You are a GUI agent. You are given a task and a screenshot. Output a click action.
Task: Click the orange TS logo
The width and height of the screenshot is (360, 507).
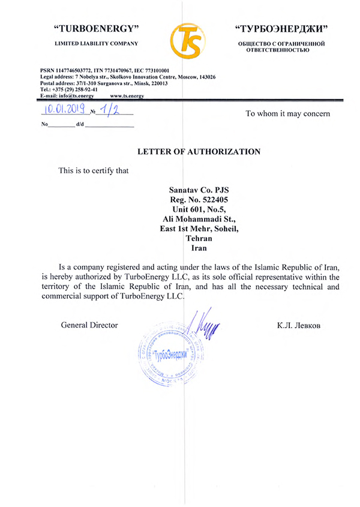188,37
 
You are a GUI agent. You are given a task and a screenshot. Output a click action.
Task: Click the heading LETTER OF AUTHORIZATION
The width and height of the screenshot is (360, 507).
199,152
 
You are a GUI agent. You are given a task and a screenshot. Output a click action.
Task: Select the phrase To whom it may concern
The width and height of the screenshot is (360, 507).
287,113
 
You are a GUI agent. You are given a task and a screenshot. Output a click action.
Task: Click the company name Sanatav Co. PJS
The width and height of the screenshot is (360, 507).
199,188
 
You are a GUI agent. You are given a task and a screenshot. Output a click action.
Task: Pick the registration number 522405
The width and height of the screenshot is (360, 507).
214,199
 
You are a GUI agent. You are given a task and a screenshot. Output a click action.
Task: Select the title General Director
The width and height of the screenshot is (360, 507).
89,325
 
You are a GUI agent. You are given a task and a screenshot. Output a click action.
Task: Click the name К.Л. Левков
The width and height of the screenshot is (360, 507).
299,325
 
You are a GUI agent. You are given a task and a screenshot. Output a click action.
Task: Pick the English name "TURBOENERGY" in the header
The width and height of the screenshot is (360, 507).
97,29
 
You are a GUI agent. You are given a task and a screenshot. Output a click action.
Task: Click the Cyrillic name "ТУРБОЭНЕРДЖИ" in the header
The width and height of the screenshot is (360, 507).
281,29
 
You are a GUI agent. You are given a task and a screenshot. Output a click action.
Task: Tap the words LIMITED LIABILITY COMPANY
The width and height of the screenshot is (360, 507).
97,43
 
